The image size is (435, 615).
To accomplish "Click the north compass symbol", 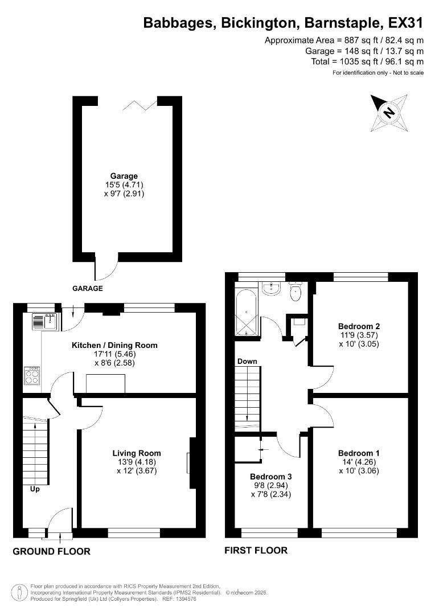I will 389,112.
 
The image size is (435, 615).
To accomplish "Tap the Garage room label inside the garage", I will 124,176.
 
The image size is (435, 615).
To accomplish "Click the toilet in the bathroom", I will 296,292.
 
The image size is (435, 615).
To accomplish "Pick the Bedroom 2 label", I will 359,326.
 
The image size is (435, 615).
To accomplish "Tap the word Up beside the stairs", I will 35,489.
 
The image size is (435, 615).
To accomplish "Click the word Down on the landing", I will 247,361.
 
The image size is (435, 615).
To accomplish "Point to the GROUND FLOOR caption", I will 51,551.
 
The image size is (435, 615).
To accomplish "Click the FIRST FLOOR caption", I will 256,550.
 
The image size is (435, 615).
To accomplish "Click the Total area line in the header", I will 367,61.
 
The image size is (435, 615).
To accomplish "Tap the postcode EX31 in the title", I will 406,23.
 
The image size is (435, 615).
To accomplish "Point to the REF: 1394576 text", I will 178,599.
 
